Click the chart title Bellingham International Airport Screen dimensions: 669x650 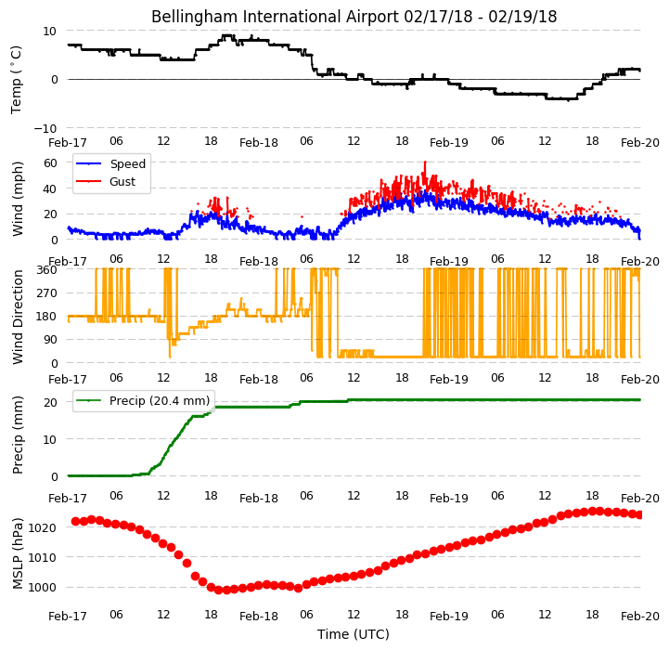tap(276, 17)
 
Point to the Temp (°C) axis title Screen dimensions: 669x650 tap(16, 80)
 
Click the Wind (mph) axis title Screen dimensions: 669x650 tap(18, 199)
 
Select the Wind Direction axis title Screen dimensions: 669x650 tap(18, 317)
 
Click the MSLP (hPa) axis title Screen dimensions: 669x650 tap(18, 553)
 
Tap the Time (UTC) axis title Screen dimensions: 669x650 tap(354, 634)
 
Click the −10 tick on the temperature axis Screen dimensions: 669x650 tap(45, 128)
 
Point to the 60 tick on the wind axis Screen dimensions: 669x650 tap(50, 163)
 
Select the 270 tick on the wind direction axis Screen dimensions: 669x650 tap(47, 293)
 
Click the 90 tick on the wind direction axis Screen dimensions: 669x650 tap(50, 340)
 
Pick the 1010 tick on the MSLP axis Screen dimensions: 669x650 tap(43, 558)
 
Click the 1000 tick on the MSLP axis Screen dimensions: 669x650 tap(43, 588)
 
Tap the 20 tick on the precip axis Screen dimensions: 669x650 tap(50, 403)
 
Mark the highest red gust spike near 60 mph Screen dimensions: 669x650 tap(425, 162)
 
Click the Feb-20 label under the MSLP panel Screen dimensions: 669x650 tap(640, 617)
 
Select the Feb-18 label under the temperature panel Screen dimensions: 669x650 tap(259, 143)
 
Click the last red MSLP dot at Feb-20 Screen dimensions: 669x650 tap(638, 515)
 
